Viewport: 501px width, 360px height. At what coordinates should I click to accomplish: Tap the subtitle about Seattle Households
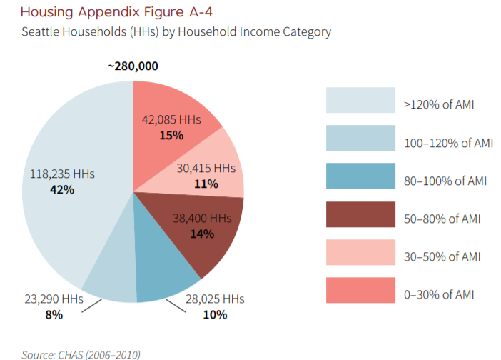point(176,32)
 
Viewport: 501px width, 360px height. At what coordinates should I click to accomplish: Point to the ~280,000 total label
point(133,66)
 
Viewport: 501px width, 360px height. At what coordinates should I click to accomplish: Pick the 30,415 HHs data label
point(206,168)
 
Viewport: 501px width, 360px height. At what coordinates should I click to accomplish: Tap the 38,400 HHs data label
point(202,219)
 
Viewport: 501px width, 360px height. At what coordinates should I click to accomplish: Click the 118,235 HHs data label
point(62,174)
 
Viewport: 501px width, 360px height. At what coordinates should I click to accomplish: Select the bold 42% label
point(61,189)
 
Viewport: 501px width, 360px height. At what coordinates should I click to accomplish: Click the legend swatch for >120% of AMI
point(360,100)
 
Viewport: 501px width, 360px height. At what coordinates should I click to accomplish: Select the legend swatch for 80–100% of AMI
point(360,176)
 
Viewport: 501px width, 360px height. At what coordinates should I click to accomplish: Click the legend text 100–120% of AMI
point(447,142)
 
